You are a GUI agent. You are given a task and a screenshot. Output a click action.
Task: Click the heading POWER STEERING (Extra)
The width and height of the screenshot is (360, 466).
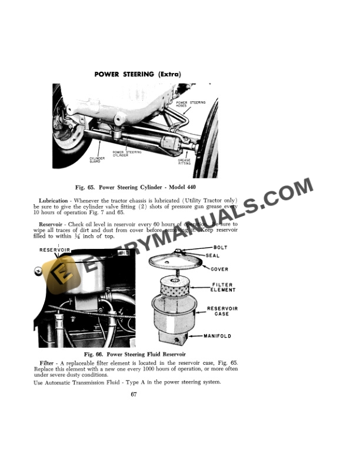coord(138,74)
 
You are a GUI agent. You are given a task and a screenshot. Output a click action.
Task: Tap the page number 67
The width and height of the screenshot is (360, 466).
coord(134,394)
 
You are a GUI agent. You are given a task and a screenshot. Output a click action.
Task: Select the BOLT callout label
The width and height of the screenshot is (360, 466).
coord(220,248)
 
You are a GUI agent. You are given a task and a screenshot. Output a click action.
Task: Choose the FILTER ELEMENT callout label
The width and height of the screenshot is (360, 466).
coord(223,288)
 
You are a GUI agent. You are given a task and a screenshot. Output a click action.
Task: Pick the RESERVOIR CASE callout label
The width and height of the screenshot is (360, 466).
coord(222,311)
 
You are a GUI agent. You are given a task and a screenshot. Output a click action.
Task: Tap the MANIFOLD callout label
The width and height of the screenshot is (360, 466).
coord(217,336)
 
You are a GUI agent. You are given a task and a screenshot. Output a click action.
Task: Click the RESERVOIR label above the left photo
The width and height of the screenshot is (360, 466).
coord(55,250)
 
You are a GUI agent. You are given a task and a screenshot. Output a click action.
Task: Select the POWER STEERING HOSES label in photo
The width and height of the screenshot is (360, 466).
coord(191,104)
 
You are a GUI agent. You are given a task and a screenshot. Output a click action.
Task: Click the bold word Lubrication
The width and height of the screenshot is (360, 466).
coord(53,201)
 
